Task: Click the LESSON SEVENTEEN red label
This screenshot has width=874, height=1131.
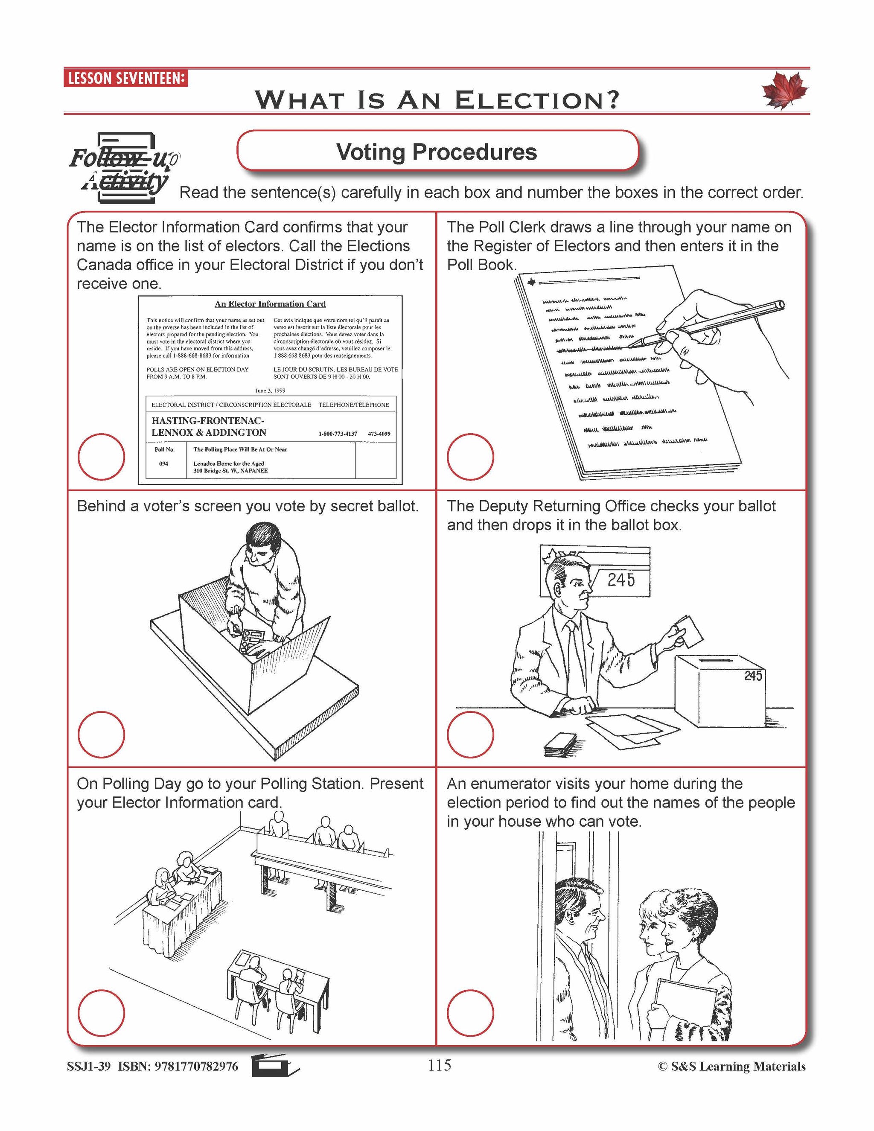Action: [x=126, y=79]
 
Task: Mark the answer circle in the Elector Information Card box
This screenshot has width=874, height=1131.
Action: [x=101, y=457]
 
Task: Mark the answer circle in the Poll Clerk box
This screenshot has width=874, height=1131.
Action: [x=470, y=457]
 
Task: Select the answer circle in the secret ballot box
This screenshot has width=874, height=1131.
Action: [x=101, y=735]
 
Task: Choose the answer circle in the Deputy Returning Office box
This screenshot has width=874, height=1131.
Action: [x=470, y=735]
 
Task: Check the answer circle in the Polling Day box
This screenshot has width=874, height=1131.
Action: [x=101, y=1013]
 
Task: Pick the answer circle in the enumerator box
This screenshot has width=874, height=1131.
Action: [x=470, y=1013]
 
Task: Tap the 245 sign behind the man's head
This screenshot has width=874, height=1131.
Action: [x=621, y=580]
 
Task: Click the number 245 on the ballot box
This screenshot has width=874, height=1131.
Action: [x=753, y=676]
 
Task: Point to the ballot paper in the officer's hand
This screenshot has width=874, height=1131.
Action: [x=691, y=631]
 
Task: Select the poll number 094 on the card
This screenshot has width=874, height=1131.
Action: [x=163, y=463]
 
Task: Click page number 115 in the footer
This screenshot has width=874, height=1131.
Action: [x=440, y=1065]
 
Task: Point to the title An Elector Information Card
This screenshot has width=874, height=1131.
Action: [x=270, y=304]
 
